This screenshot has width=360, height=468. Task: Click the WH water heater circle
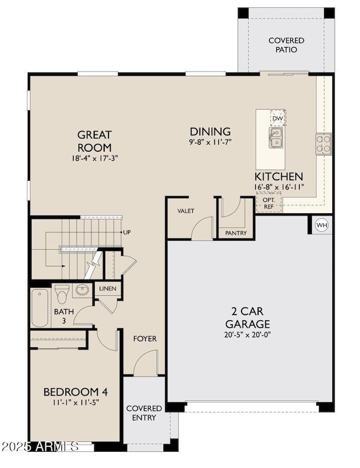[x=322, y=225]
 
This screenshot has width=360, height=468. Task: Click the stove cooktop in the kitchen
[x=323, y=143]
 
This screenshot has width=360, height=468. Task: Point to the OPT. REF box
[x=269, y=203]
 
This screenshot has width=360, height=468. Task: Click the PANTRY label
[x=236, y=233]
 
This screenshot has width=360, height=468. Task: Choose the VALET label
[x=186, y=211]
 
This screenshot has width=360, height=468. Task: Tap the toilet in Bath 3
[x=62, y=291]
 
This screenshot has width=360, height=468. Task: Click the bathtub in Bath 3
[x=40, y=308]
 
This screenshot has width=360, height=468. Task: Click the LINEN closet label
[x=108, y=289]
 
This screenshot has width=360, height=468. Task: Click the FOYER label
[x=145, y=338]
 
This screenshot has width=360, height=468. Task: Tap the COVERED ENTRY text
[x=144, y=413]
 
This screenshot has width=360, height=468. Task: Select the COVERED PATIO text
[x=286, y=45]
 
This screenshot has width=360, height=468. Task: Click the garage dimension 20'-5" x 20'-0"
[x=248, y=335]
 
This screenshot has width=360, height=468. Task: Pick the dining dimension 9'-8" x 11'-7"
[x=210, y=142]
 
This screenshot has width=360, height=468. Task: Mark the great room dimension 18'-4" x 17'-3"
[x=94, y=158]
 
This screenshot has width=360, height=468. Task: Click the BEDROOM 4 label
[x=75, y=392]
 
